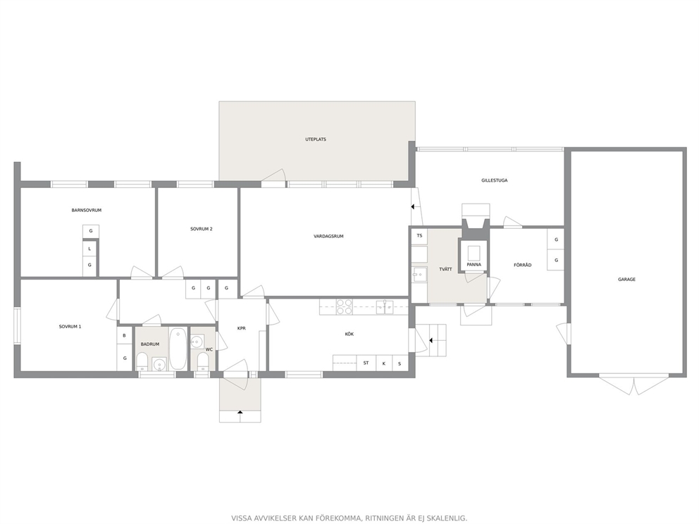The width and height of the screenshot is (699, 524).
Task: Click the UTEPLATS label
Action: (316, 139)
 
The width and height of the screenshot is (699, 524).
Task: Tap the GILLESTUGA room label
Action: (495, 180)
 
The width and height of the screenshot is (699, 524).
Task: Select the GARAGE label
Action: (627, 280)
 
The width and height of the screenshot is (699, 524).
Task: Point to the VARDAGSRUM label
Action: (328, 236)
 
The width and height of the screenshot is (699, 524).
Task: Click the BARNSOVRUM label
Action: (87, 211)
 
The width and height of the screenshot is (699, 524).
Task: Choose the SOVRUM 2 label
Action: (202, 229)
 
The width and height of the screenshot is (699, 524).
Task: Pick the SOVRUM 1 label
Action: (70, 327)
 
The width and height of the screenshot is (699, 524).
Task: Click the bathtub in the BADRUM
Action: (178, 349)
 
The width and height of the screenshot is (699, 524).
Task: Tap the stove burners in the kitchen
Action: (344, 306)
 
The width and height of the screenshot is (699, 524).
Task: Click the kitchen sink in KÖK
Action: (385, 306)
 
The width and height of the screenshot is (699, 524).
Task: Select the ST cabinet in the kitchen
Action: (366, 363)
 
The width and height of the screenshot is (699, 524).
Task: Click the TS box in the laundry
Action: (419, 236)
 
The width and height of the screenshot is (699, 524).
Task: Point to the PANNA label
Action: (474, 265)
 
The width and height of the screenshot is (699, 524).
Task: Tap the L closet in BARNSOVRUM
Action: (89, 249)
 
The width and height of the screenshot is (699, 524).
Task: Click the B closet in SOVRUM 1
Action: (125, 335)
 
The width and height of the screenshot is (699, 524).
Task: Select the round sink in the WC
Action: (197, 342)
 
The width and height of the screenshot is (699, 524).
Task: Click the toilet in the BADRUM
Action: (142, 361)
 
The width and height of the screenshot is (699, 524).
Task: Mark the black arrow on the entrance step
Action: (240, 412)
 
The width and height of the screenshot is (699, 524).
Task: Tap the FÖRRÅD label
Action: (522, 265)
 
